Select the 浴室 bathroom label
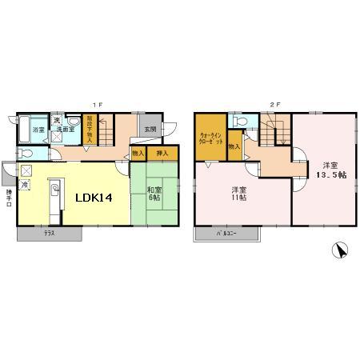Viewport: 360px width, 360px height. click(38, 129)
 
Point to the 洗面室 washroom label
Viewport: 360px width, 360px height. click(66, 129)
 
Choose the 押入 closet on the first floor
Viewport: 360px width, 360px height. click(161, 153)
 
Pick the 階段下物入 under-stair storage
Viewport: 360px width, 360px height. click(90, 130)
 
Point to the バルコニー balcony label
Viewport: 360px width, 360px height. click(227, 234)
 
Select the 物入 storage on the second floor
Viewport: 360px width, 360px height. click(234, 147)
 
